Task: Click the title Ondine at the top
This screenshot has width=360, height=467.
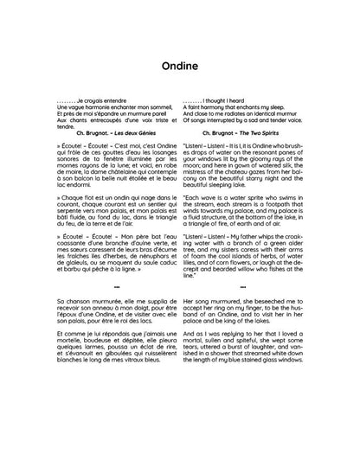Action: [x=180, y=65]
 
